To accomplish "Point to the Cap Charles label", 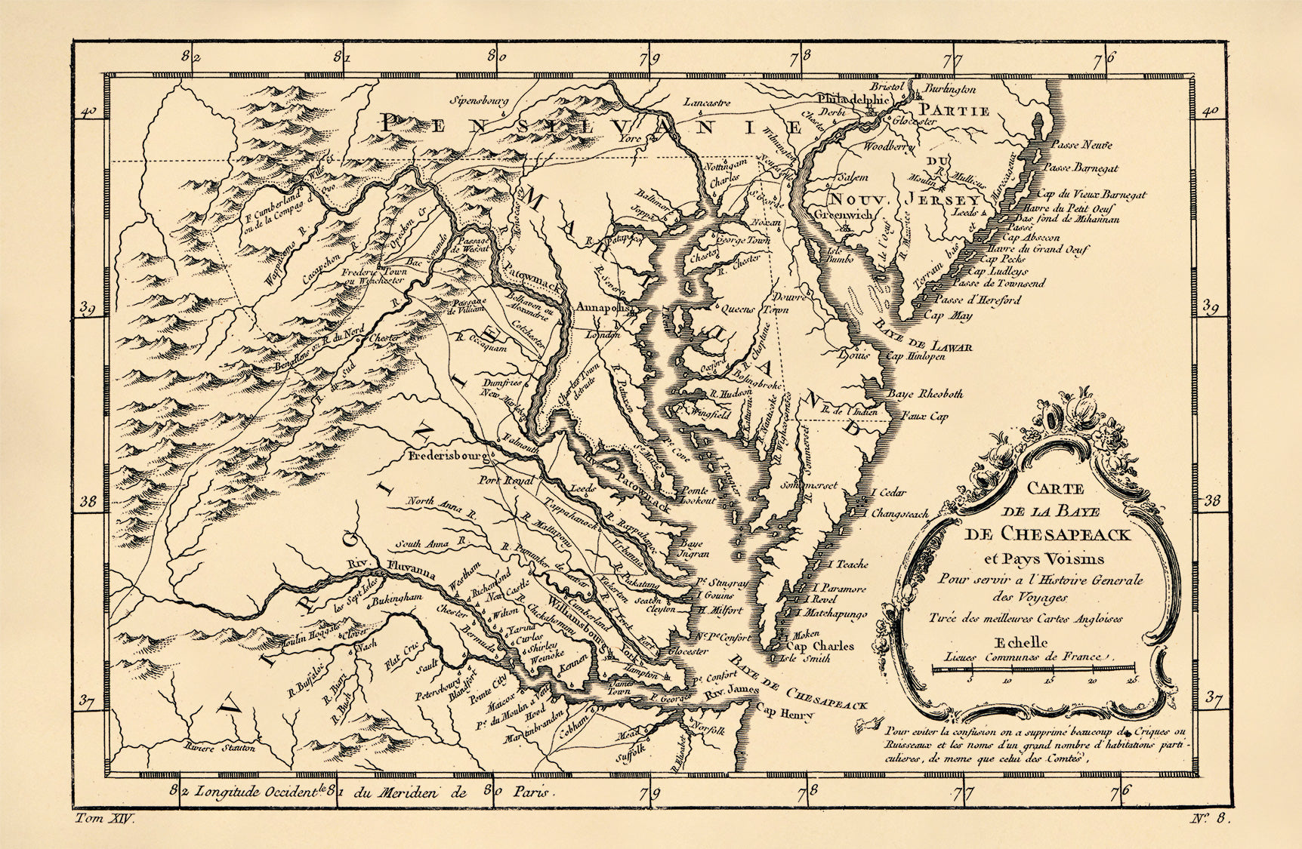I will (820, 646).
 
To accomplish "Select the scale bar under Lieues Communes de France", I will (1034, 669).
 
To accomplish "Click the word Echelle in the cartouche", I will (1022, 642).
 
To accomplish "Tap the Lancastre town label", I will (708, 103).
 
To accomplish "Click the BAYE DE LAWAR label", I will (922, 336).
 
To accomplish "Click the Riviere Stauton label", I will (219, 749).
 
